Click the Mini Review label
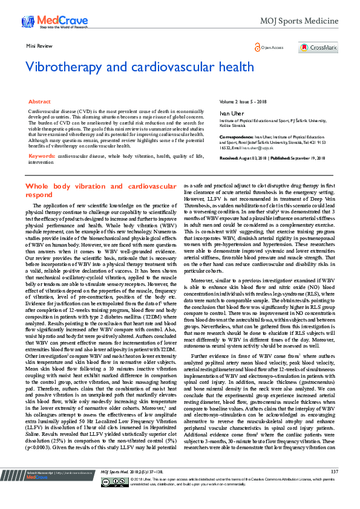coord(38,46)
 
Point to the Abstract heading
coord(40,103)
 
